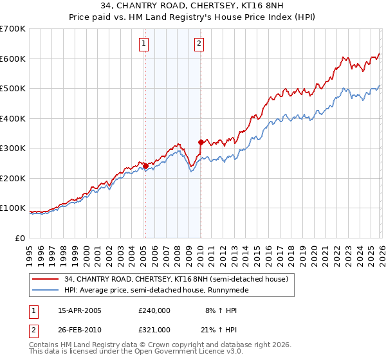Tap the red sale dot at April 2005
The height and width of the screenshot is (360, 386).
[x=145, y=166]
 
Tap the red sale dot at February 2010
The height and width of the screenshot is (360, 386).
[x=201, y=142]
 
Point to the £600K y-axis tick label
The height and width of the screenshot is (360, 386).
[x=13, y=59]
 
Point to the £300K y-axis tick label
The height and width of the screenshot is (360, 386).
[x=13, y=148]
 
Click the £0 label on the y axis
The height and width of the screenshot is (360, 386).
[x=20, y=239]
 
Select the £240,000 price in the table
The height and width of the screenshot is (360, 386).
[x=154, y=310]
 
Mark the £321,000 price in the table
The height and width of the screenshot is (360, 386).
[x=154, y=330]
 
